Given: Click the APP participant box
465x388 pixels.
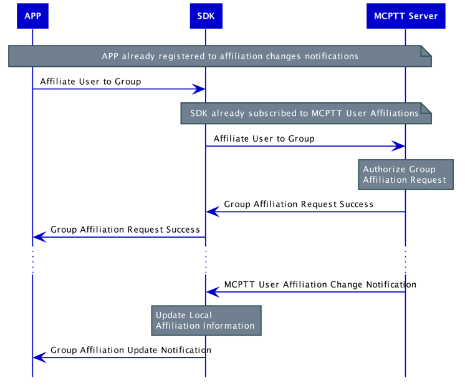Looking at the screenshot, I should coord(32,16).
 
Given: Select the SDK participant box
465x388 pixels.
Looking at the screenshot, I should coord(206,16).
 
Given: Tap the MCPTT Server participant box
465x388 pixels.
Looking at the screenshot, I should coord(406,16).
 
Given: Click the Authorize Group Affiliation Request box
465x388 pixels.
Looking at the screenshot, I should coord(405,175).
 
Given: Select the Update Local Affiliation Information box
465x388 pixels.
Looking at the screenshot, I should coord(206,320).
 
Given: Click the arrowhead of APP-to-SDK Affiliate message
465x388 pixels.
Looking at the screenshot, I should coord(199,89).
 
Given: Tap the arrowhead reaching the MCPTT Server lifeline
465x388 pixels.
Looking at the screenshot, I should coord(399,146).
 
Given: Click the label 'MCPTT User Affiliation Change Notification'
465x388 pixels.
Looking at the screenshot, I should coord(320,284).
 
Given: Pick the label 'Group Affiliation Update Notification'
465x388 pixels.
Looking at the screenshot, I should coord(131,350).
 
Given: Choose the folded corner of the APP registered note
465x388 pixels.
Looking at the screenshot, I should coord(427,51).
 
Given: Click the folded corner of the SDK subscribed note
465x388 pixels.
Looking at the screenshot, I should coord(427,108).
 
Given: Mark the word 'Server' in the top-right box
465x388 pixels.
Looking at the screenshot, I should coord(423,16).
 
